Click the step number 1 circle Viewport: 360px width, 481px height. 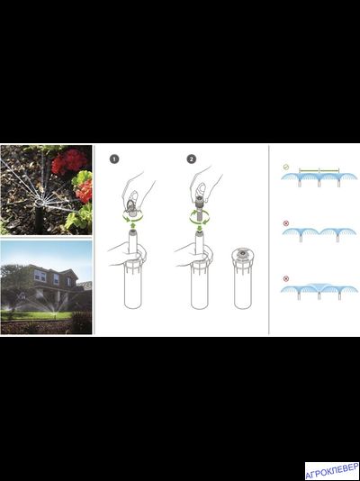point(114,159)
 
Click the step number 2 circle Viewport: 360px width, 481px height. point(192,159)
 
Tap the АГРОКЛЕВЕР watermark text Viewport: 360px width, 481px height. point(332,471)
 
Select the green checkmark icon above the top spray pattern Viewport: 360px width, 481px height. point(285,168)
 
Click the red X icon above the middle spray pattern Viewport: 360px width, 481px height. point(286,223)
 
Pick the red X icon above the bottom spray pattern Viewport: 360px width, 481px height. point(286,278)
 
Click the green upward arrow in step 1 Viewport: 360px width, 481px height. point(132,226)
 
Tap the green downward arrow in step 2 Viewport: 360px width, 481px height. point(199,228)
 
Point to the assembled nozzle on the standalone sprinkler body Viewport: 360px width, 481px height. point(242,252)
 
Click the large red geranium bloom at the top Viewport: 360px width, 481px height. point(69,161)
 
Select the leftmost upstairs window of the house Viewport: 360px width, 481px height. point(40,276)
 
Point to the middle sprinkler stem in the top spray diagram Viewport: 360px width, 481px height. point(319,184)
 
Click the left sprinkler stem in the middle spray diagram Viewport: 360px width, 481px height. point(301,239)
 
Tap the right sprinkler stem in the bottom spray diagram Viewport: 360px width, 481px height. point(339,295)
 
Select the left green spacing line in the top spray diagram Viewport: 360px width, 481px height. point(309,170)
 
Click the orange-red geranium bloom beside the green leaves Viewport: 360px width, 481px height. point(85,191)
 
